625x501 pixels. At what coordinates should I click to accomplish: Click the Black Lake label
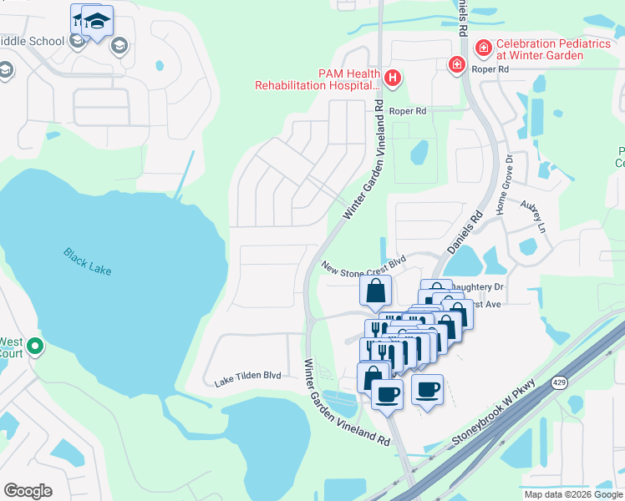click(x=87, y=261)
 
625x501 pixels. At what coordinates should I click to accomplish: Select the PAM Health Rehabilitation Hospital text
click(x=318, y=79)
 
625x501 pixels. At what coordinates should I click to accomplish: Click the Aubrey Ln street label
click(x=532, y=215)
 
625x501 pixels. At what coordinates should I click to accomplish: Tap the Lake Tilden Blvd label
click(x=246, y=377)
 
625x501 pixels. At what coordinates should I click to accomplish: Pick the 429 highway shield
click(x=560, y=382)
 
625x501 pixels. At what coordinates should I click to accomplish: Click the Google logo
click(x=28, y=491)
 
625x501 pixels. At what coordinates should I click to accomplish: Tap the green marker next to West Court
click(x=34, y=346)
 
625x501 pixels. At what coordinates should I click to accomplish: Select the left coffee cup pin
click(x=386, y=393)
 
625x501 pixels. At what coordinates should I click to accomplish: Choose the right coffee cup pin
click(x=427, y=388)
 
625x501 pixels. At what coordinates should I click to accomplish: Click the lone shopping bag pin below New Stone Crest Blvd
click(x=375, y=291)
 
